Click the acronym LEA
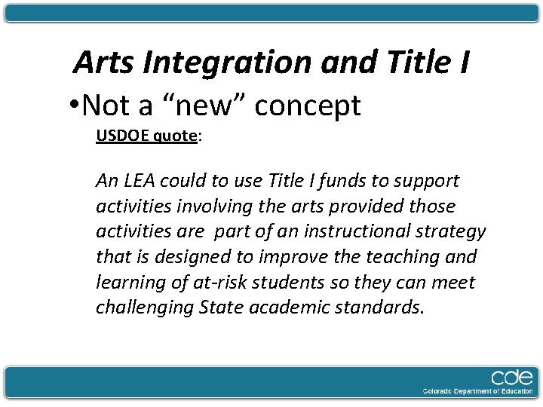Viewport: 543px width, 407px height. click(142, 181)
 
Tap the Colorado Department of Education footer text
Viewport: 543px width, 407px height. click(477, 391)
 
